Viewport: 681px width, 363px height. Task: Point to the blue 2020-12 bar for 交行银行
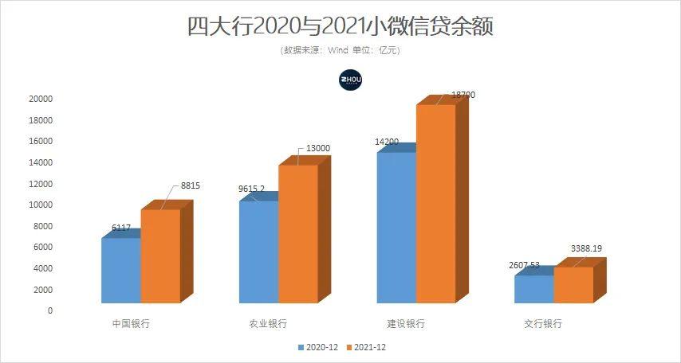point(533,289)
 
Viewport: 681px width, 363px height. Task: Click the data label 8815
point(191,185)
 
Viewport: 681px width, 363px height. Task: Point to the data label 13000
point(318,149)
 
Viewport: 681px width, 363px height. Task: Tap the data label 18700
point(463,95)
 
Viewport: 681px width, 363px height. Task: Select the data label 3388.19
point(586,249)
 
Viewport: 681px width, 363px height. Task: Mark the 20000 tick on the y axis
point(40,99)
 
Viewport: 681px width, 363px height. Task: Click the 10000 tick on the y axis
point(40,205)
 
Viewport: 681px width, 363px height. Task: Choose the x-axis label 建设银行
point(406,324)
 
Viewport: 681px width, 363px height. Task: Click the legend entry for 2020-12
point(319,347)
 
